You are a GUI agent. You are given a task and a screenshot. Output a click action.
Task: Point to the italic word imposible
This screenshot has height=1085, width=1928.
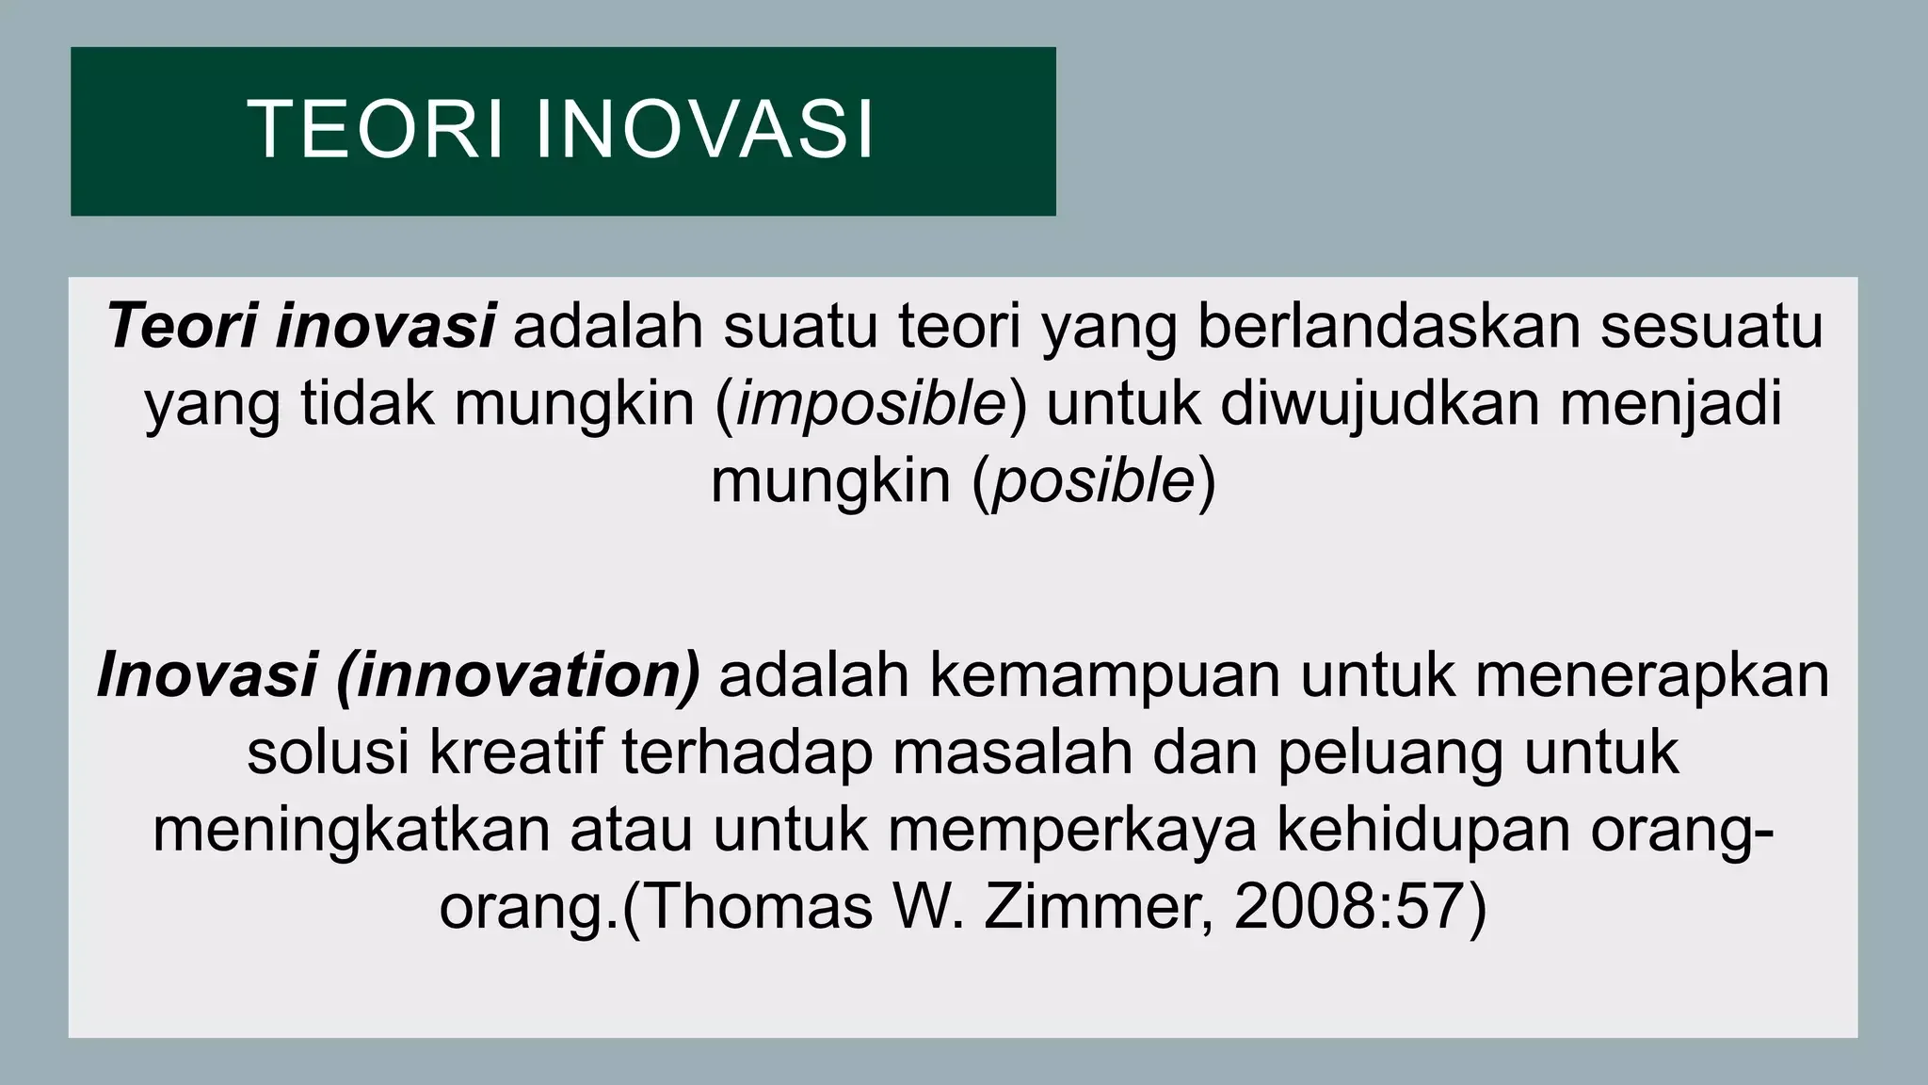(872, 404)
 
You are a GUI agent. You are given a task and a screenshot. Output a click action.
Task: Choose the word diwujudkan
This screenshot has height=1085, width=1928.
(1380, 404)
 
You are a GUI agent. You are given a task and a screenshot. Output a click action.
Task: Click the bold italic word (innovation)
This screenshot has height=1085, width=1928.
(518, 676)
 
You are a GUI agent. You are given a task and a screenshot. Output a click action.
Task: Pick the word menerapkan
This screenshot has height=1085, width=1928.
(1652, 676)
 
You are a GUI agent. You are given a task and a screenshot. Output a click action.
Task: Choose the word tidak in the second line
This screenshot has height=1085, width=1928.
(368, 404)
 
